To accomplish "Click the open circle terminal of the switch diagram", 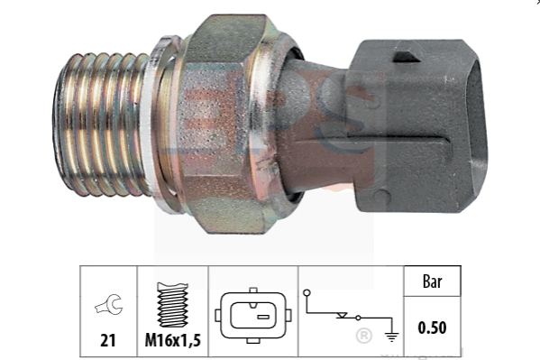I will click(307, 293).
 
